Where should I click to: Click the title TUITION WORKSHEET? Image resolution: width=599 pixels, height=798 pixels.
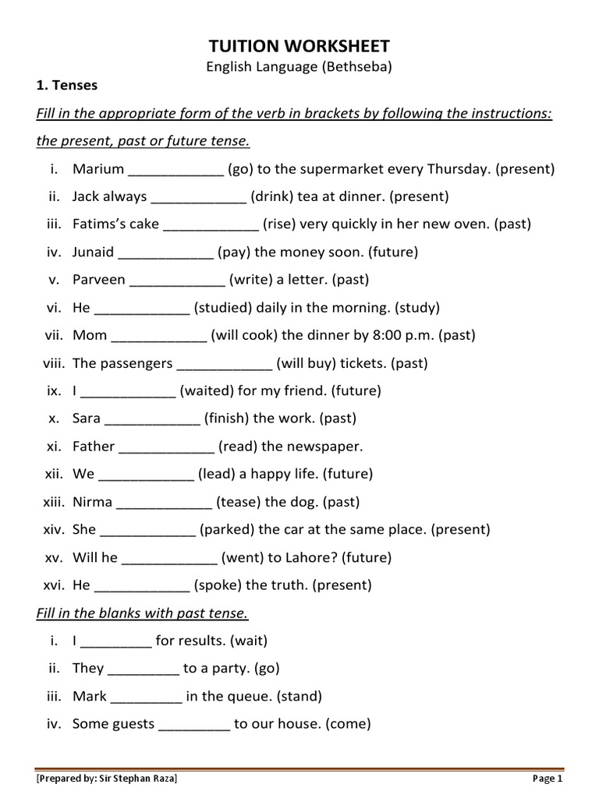point(299,46)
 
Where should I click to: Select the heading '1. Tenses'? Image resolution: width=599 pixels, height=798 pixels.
point(68,86)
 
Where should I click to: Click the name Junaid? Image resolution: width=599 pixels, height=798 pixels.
point(94,252)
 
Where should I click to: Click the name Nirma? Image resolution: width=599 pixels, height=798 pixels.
point(92,502)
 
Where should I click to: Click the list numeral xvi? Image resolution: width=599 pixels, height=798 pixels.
point(54,584)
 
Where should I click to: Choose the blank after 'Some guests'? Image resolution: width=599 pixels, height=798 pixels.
point(194,724)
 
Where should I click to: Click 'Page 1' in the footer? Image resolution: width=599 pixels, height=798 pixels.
point(548,778)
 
